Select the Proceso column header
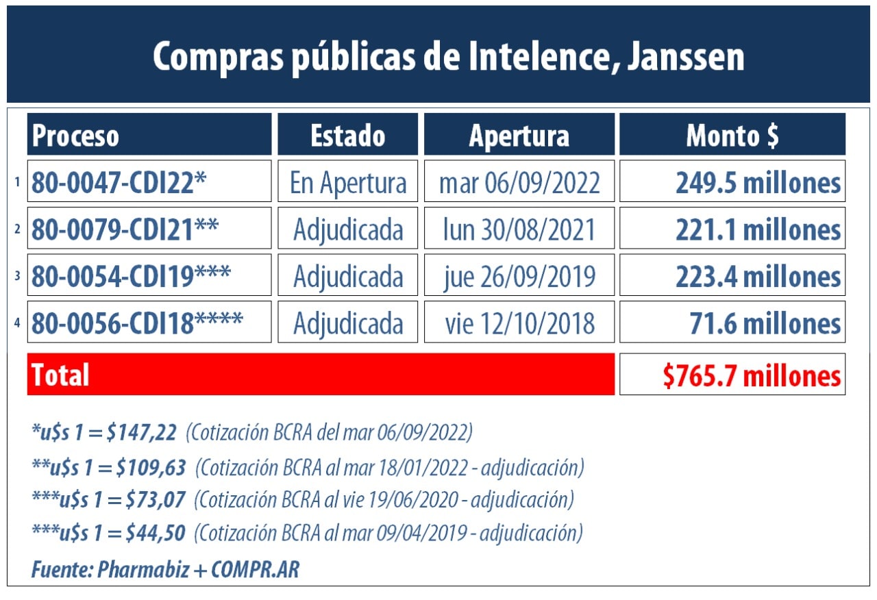point(75,135)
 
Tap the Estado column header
point(348,135)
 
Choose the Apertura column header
point(519,135)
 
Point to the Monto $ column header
point(732,135)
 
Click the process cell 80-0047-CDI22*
point(119,182)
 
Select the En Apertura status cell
point(348,182)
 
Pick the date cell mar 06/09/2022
point(519,182)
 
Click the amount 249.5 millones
point(758,182)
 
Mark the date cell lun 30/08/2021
point(519,229)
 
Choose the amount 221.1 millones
point(758,229)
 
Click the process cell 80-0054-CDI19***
point(131,275)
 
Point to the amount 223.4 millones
point(758,276)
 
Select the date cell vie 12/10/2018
point(519,323)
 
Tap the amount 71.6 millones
point(765,323)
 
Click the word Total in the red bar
point(60,375)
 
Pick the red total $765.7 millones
point(752,375)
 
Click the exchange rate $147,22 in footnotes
point(145,432)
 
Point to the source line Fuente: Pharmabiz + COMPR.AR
point(165,568)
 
